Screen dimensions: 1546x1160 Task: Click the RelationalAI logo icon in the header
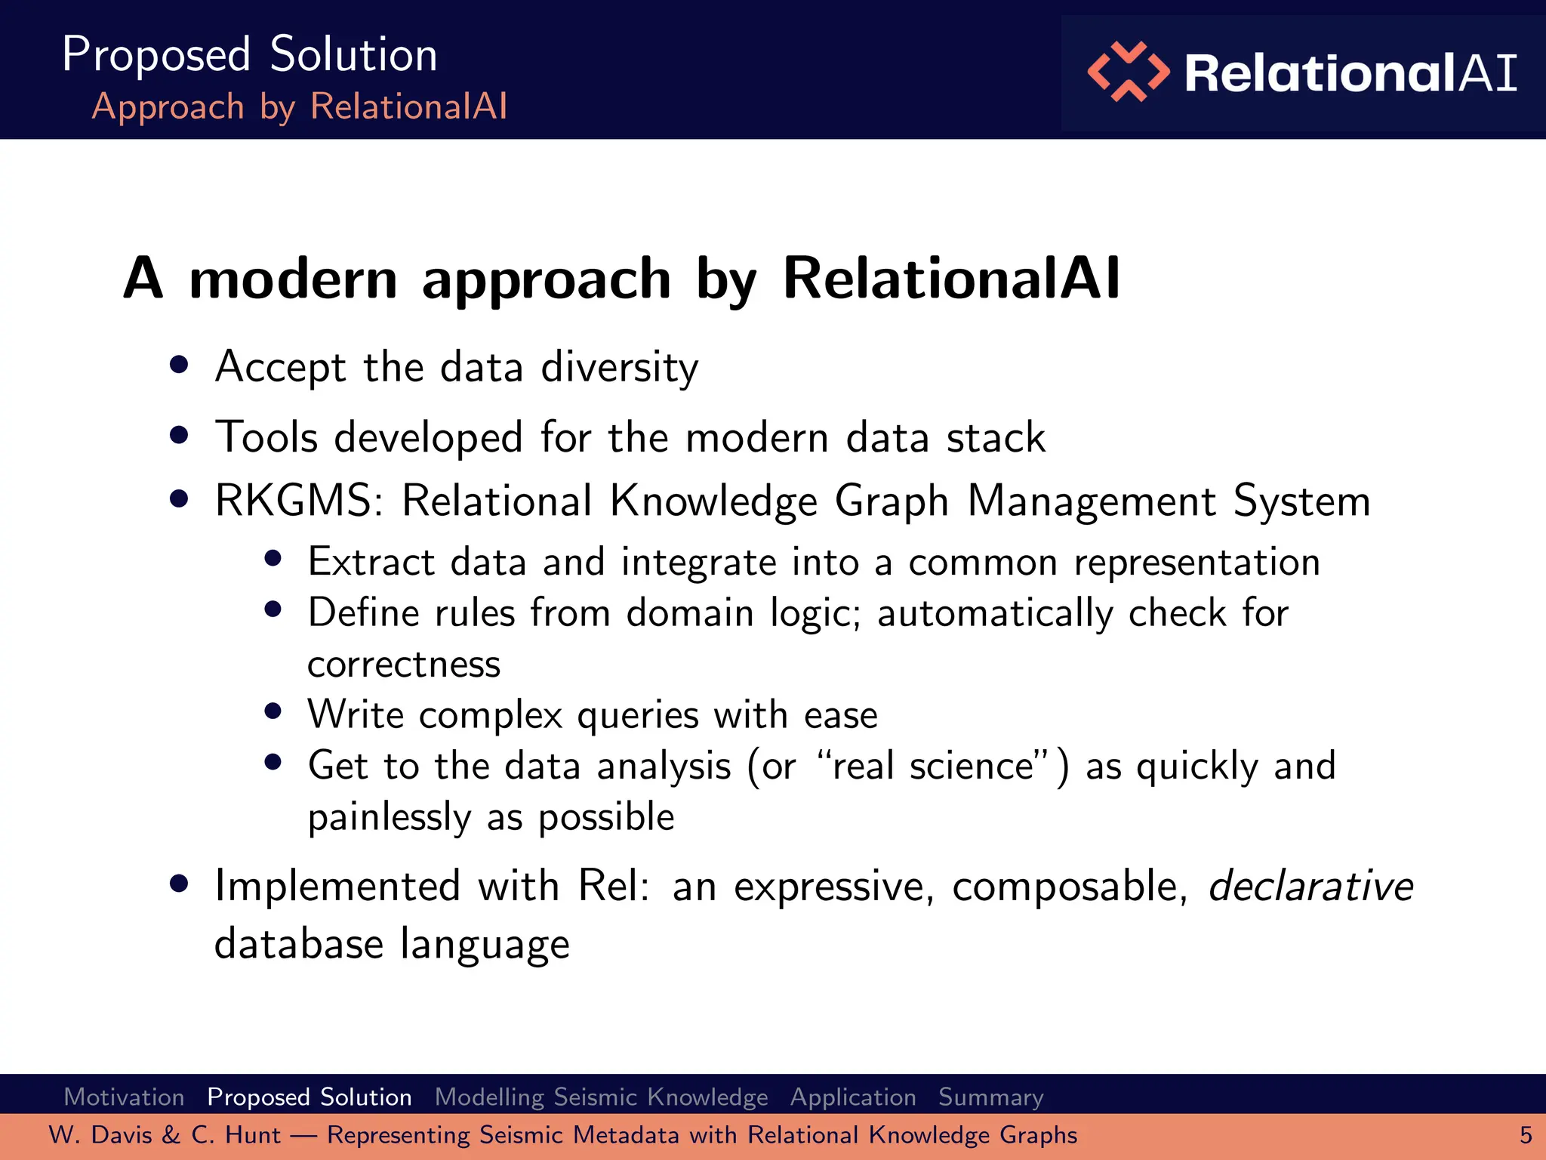1128,72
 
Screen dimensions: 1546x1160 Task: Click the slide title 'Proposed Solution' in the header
250,54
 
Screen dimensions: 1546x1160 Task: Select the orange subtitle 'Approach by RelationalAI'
300,106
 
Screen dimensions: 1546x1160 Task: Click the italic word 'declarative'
1310,885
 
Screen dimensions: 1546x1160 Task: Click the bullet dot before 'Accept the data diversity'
179,366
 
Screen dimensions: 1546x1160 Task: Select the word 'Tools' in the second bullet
266,437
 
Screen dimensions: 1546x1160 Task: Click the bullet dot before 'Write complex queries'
273,711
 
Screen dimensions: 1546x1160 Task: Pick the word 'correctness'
404,665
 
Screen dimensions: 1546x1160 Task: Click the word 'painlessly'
390,817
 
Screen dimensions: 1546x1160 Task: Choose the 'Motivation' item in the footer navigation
125,1097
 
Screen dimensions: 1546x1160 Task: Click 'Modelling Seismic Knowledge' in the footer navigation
601,1097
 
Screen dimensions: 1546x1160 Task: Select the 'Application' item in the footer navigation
853,1097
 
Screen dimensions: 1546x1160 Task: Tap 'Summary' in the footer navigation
990,1097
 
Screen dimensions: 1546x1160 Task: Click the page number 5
1526,1135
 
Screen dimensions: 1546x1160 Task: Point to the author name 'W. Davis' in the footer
101,1135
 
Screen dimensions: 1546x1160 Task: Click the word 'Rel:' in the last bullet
614,886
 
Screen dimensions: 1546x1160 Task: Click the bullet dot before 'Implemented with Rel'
179,884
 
